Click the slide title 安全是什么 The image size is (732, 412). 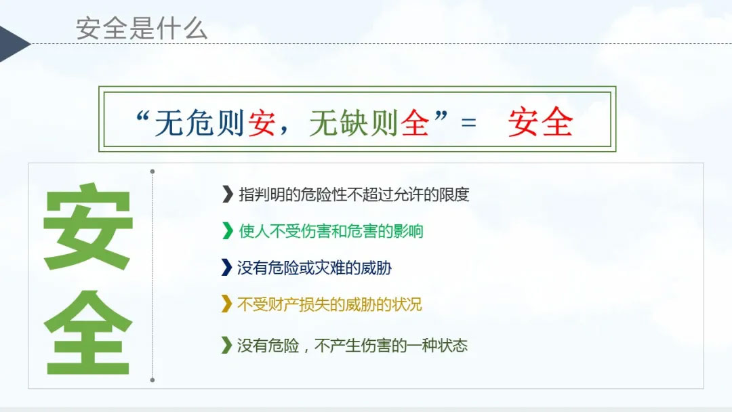pos(142,28)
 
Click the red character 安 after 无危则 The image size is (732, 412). pos(262,123)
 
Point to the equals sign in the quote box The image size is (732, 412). pos(468,123)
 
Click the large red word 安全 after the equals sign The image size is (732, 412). pos(540,122)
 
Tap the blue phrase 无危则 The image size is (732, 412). pos(199,123)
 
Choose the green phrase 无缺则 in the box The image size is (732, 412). pos(353,123)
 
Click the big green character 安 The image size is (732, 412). pos(87,227)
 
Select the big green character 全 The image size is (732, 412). pos(87,332)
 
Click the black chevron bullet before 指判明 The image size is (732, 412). pos(227,194)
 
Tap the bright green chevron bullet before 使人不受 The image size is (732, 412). pos(227,230)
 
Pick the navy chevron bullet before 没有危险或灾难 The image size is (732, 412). pos(226,268)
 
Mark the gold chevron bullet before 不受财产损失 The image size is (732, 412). pos(226,304)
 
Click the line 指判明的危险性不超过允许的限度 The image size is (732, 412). pos(354,194)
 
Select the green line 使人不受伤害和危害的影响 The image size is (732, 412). pos(331,231)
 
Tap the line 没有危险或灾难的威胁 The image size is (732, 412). pos(314,268)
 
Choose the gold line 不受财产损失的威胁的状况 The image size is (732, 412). pos(329,304)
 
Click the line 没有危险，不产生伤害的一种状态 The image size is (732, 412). pos(352,346)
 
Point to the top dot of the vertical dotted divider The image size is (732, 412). pos(152,171)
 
